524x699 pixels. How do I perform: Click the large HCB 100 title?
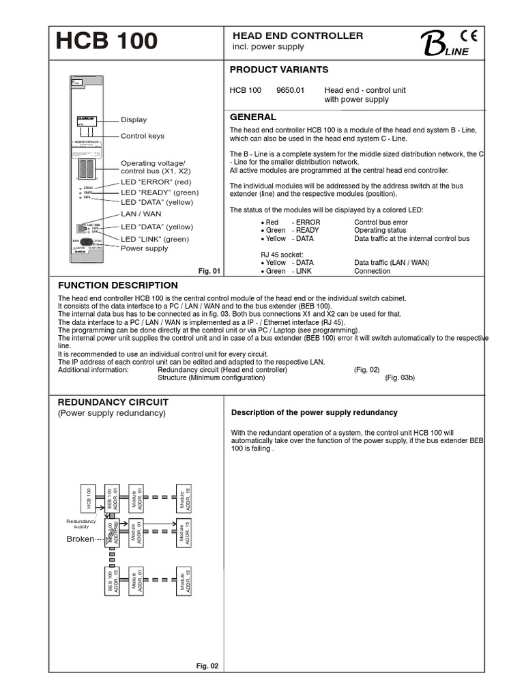click(106, 42)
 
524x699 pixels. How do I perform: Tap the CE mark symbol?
click(469, 37)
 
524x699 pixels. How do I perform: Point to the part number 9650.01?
click(291, 90)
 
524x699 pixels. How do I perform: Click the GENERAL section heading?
click(252, 117)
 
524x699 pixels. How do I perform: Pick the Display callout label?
click(134, 119)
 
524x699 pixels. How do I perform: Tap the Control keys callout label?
click(143, 136)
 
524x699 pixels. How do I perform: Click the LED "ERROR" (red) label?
click(155, 183)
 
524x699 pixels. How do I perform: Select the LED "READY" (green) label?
click(160, 192)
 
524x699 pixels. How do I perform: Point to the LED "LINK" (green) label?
click(155, 239)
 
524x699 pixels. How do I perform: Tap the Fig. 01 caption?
click(209, 271)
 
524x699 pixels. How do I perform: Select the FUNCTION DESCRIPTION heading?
click(118, 285)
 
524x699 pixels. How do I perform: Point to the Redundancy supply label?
click(81, 524)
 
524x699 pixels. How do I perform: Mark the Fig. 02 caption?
click(207, 666)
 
